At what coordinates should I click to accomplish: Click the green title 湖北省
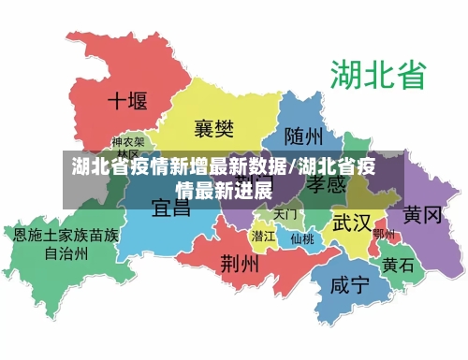[377, 74]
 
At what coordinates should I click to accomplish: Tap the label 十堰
[127, 100]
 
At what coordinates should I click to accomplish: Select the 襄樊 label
[214, 127]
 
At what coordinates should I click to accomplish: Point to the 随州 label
[304, 137]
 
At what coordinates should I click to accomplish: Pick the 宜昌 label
[171, 206]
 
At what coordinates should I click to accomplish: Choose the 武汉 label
[352, 223]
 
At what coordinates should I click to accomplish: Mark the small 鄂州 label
[384, 234]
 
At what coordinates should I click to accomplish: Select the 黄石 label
[398, 265]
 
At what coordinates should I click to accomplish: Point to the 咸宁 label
[351, 285]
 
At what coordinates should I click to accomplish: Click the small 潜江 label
[263, 237]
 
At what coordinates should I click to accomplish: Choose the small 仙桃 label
[301, 238]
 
